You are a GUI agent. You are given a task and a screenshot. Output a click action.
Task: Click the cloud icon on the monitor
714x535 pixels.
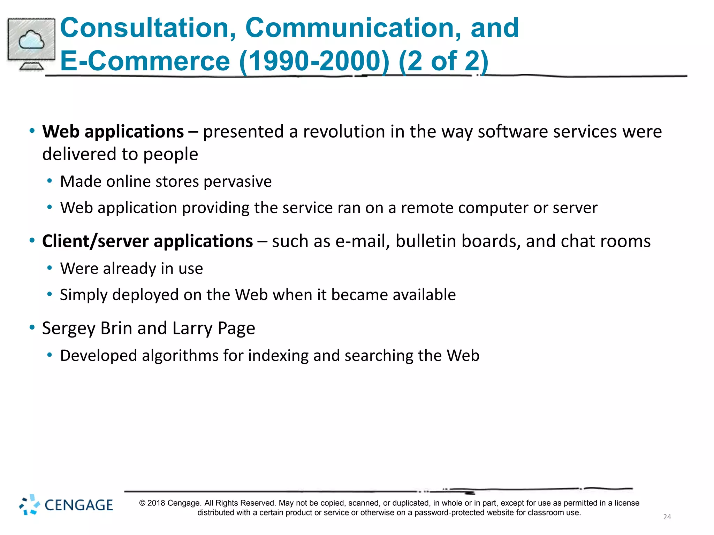point(31,40)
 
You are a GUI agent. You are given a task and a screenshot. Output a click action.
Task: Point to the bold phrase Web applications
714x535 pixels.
point(113,132)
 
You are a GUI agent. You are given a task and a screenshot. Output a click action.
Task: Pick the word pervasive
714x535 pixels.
point(237,182)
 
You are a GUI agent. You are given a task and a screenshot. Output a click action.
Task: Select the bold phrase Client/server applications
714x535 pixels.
point(147,241)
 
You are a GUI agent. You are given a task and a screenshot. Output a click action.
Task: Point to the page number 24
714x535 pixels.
point(667,517)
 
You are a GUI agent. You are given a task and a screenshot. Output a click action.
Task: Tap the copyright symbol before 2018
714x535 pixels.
point(142,503)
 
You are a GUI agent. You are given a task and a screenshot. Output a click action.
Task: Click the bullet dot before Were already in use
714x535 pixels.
point(50,268)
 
